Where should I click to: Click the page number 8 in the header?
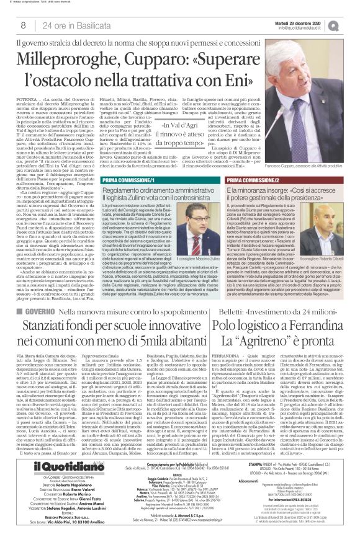click(x=24, y=25)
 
